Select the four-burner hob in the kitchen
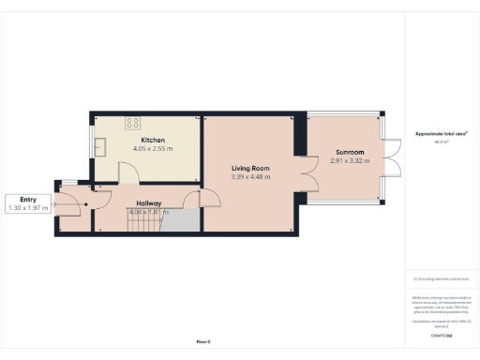(x=133, y=121)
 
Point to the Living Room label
(x=250, y=168)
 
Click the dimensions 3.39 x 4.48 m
(x=250, y=176)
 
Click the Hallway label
(x=149, y=202)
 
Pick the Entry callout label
(x=28, y=199)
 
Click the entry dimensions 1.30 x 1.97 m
(x=28, y=207)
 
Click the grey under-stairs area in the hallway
(x=186, y=221)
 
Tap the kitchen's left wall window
(x=92, y=145)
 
